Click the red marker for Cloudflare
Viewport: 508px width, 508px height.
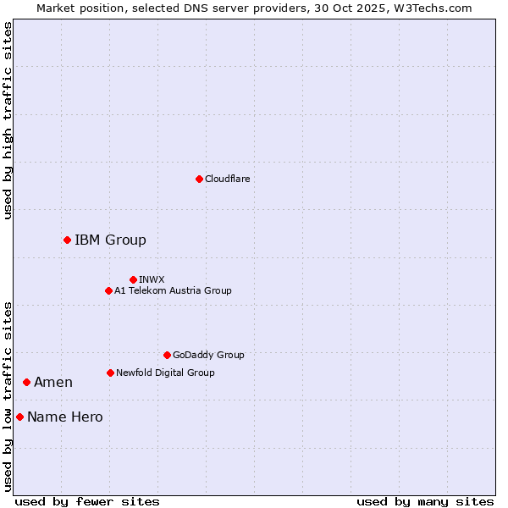point(199,179)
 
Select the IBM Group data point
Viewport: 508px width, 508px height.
point(67,240)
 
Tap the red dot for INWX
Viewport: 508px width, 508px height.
point(133,279)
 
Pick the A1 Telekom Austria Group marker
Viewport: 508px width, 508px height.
point(108,291)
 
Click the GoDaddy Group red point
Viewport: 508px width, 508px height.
point(167,356)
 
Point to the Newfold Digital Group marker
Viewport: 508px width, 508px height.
point(110,373)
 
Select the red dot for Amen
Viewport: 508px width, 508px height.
point(26,383)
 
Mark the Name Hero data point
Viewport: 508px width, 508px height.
point(19,417)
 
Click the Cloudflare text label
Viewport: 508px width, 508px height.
point(227,179)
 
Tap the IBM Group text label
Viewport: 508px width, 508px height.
point(110,240)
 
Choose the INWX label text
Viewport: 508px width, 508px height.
point(152,279)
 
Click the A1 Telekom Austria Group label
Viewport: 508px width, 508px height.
point(173,291)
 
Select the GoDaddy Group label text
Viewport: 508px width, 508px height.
point(208,356)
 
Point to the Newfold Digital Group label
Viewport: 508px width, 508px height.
point(165,373)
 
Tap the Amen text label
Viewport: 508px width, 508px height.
point(53,383)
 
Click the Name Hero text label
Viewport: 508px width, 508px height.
point(65,417)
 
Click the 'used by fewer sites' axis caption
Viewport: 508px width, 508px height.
point(87,501)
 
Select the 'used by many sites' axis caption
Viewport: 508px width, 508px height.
point(425,501)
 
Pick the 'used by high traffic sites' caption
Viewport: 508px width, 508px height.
point(8,120)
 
